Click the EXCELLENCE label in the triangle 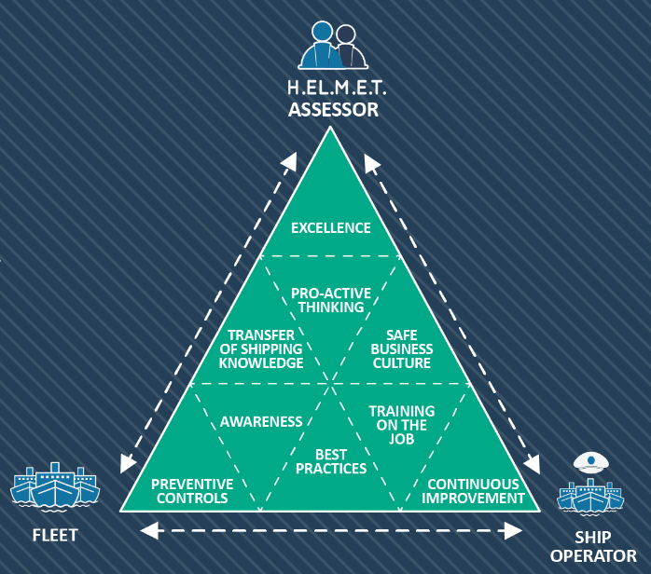pos(330,228)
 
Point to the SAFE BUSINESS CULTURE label pos(402,349)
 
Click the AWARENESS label pos(261,422)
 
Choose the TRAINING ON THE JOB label pos(401,425)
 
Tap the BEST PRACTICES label pos(330,461)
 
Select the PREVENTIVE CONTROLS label pos(192,491)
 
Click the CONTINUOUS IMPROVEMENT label pos(473,491)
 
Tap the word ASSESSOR pos(333,110)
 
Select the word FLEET pos(55,536)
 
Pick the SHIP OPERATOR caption pos(592,547)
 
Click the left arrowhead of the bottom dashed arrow pos(147,531)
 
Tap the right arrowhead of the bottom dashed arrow pos(513,531)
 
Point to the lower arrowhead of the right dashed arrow pos(535,464)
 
